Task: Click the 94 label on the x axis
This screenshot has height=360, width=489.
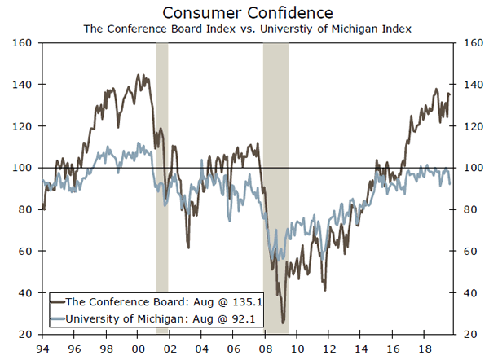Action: click(42, 348)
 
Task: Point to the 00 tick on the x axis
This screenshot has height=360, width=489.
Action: click(139, 348)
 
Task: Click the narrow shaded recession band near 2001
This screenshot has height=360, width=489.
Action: click(161, 187)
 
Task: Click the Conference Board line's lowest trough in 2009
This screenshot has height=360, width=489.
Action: click(283, 323)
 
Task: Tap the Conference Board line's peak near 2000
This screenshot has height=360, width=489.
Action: click(137, 75)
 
